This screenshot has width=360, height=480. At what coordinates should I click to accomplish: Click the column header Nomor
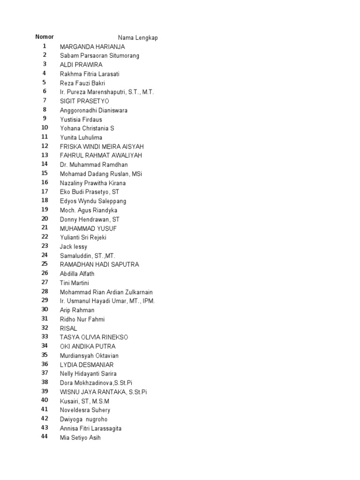45,37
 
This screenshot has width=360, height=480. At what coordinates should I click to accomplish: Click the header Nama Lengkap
138,38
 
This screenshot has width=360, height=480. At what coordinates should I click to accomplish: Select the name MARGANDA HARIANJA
92,47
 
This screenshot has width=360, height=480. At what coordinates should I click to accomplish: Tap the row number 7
45,100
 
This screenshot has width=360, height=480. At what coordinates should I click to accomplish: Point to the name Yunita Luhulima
81,137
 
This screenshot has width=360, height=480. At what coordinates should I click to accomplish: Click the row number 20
45,218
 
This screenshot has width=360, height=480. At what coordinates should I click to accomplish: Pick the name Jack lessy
74,247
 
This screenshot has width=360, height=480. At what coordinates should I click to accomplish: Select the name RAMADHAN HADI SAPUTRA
99,264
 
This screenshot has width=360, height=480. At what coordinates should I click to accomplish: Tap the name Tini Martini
75,283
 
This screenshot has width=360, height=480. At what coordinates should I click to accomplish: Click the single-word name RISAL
68,328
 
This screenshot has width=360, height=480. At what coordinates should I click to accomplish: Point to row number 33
45,337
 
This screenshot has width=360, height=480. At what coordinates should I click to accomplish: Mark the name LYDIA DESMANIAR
87,365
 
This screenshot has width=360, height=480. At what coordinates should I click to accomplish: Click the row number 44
45,436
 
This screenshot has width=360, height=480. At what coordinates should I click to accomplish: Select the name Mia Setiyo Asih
80,438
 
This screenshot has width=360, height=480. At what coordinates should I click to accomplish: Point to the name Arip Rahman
77,310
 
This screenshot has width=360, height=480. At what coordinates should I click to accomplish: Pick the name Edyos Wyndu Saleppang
93,201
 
